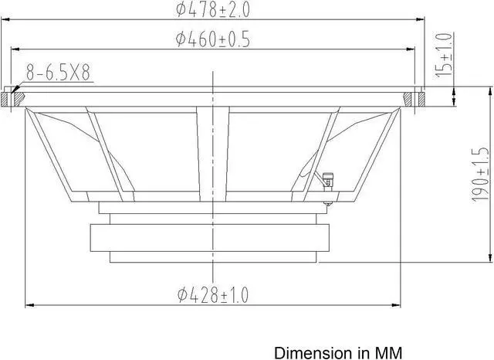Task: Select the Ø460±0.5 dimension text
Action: point(213,39)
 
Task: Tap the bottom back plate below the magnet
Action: point(211,256)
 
